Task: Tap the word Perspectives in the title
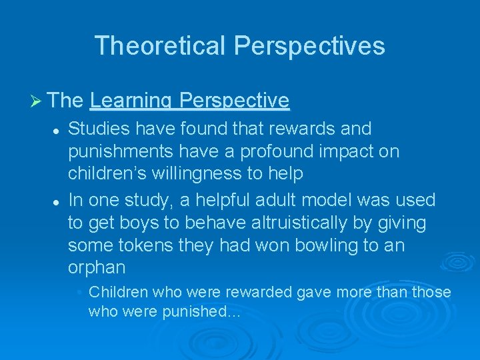coord(309,45)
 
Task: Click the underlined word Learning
coord(129,101)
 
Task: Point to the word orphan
coord(97,268)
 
